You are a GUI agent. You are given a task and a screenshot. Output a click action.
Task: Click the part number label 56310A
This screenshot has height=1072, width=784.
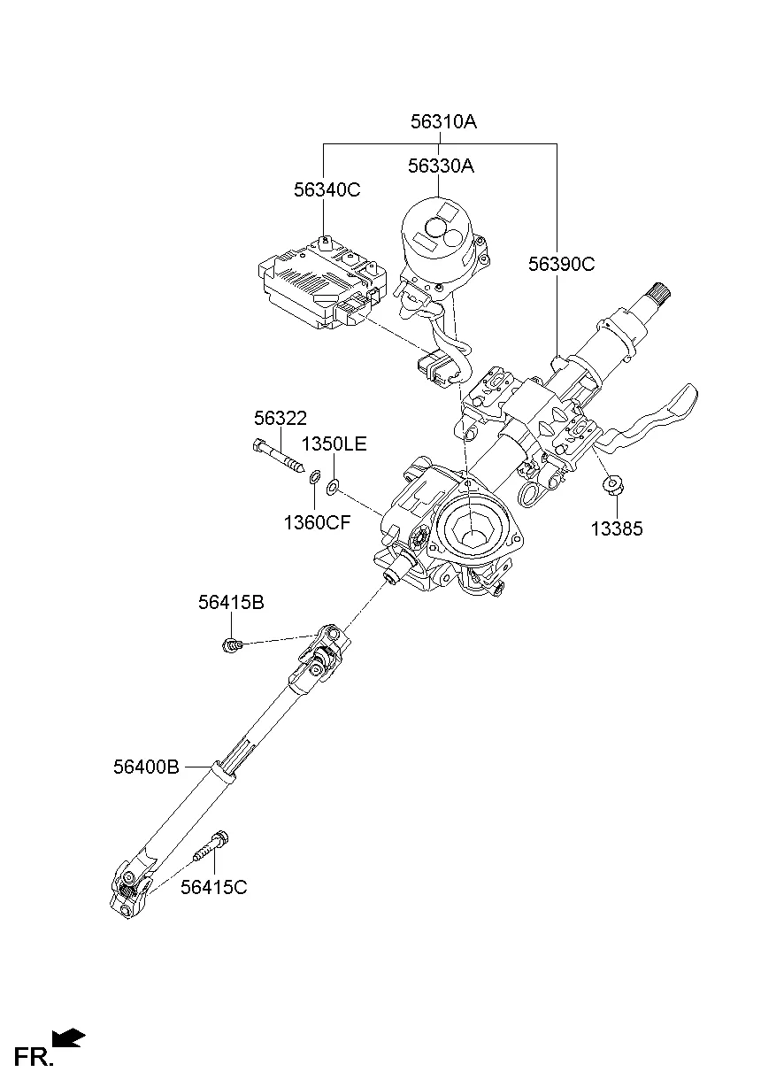point(442,122)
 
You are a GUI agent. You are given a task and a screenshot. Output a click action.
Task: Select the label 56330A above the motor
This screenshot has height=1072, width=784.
point(440,166)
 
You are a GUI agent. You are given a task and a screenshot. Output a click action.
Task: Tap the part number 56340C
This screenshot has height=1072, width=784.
point(327,189)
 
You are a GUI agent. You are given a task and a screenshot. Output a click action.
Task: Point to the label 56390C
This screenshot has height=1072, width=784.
point(561,263)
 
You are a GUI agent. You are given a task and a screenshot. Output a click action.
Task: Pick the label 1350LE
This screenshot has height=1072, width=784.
point(334,443)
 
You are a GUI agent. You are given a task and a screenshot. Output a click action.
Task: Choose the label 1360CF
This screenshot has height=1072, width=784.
point(317,522)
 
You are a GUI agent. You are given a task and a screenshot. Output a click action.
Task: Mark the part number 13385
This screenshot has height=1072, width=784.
point(617,529)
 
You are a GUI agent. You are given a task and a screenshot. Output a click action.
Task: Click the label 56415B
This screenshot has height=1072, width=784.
point(230,602)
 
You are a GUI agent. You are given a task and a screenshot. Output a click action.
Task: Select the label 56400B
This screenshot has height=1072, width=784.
point(146,767)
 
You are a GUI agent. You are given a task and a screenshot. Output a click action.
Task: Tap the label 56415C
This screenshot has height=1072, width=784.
point(213,886)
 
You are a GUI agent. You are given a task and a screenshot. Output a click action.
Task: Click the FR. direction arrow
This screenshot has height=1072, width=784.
point(69,1037)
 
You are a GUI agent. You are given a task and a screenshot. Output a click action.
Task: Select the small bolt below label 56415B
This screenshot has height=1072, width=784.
point(231,645)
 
